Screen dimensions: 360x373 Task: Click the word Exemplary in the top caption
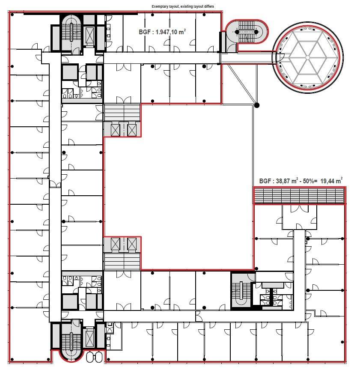coord(159,6)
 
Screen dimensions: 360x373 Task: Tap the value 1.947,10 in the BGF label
coord(166,32)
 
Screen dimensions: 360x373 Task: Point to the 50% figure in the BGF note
coord(308,181)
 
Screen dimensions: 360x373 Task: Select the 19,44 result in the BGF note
coord(327,181)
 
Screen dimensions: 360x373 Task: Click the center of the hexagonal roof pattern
coord(307,57)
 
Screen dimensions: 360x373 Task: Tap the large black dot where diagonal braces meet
coord(256,105)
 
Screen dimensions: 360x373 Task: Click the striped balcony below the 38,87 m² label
coord(299,196)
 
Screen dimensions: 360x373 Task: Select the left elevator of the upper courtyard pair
coord(116,130)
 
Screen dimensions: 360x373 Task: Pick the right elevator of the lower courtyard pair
coord(132,244)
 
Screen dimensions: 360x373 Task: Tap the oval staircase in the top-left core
coord(71,33)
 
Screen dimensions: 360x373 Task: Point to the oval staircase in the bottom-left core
coord(71,342)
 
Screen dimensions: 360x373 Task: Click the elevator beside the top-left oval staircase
coord(89,35)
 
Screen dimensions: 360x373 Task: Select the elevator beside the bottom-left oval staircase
coord(90,338)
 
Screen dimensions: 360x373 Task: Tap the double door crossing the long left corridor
coord(55,184)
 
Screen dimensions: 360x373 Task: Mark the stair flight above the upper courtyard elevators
coord(122,113)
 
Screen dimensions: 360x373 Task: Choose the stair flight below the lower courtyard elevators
coord(122,261)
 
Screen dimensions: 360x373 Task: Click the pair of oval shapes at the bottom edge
coord(95,357)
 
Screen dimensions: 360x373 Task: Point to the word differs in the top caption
coord(209,6)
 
